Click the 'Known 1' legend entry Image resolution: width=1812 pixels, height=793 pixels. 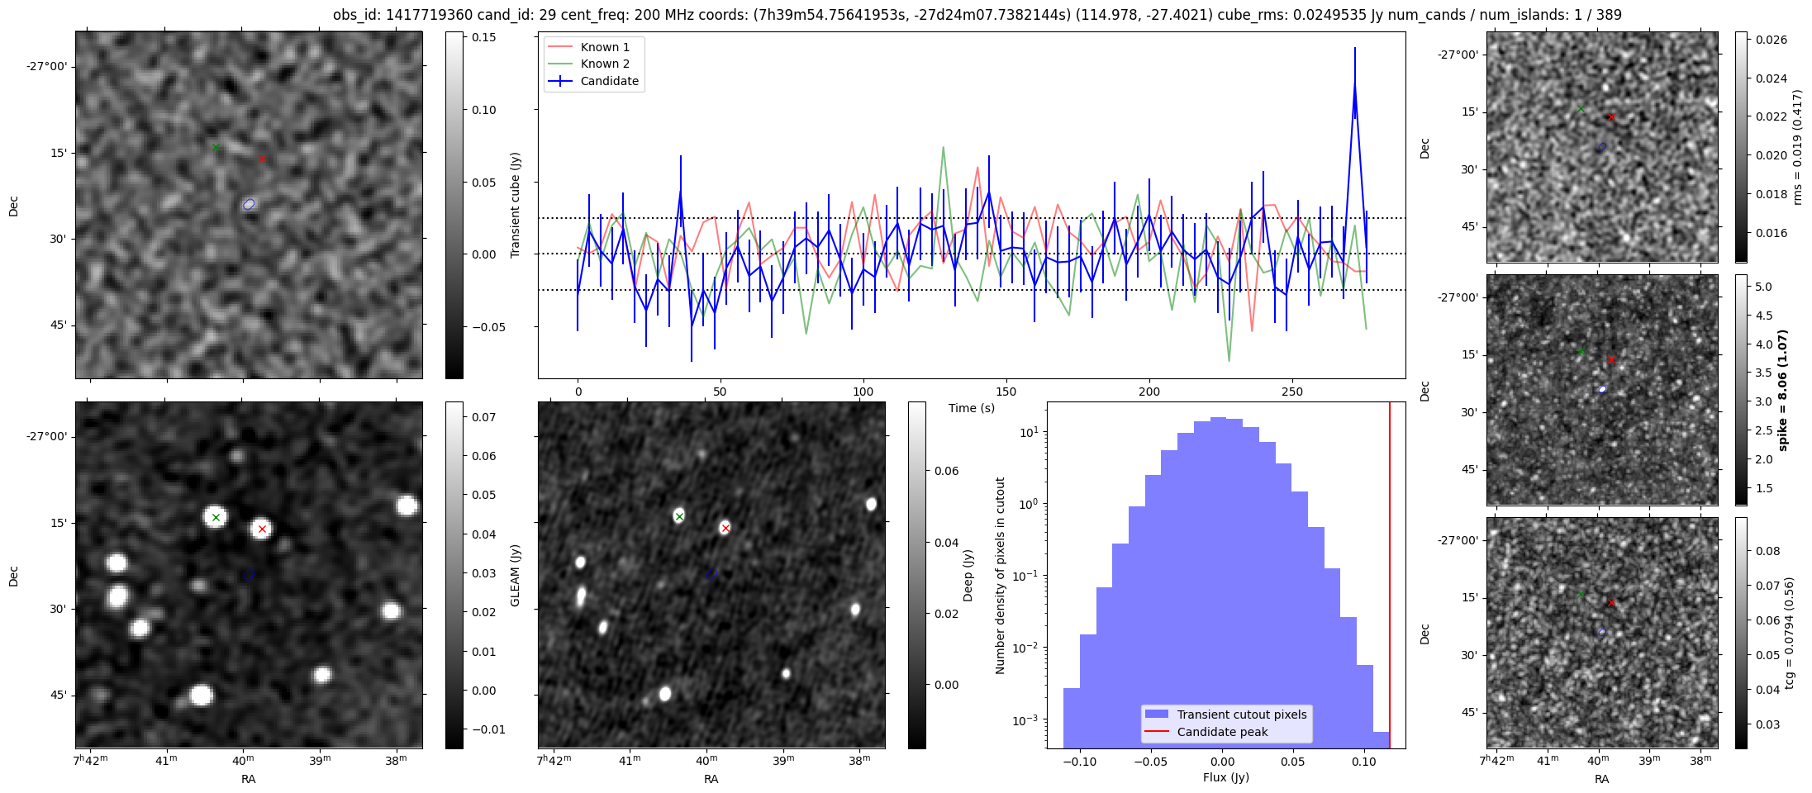pyautogui.click(x=604, y=47)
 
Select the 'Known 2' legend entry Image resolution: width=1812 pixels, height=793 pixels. pyautogui.click(x=604, y=64)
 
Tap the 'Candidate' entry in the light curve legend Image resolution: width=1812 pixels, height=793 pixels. pyautogui.click(x=609, y=81)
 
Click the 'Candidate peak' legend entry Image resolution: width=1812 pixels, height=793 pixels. pyautogui.click(x=1222, y=732)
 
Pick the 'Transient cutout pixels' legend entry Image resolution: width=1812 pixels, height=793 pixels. pyautogui.click(x=1241, y=715)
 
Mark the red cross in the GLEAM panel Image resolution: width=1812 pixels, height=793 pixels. pyautogui.click(x=262, y=529)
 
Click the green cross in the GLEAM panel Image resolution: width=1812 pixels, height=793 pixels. pyautogui.click(x=216, y=518)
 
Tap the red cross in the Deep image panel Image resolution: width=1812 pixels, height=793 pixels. pyautogui.click(x=725, y=528)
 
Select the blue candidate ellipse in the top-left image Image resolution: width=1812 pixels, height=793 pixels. pyautogui.click(x=250, y=204)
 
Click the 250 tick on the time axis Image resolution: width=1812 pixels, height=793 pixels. pyautogui.click(x=1291, y=392)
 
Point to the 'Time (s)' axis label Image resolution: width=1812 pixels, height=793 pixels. pyautogui.click(x=971, y=408)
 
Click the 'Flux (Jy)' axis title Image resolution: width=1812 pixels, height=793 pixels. pyautogui.click(x=1225, y=777)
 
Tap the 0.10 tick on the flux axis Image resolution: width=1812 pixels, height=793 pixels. pyautogui.click(x=1364, y=762)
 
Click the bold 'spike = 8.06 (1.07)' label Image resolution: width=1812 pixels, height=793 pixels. pyautogui.click(x=1782, y=390)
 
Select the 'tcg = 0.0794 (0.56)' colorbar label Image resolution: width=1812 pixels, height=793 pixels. pyautogui.click(x=1789, y=633)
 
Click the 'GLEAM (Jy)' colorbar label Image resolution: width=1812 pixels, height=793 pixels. pyautogui.click(x=515, y=575)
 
